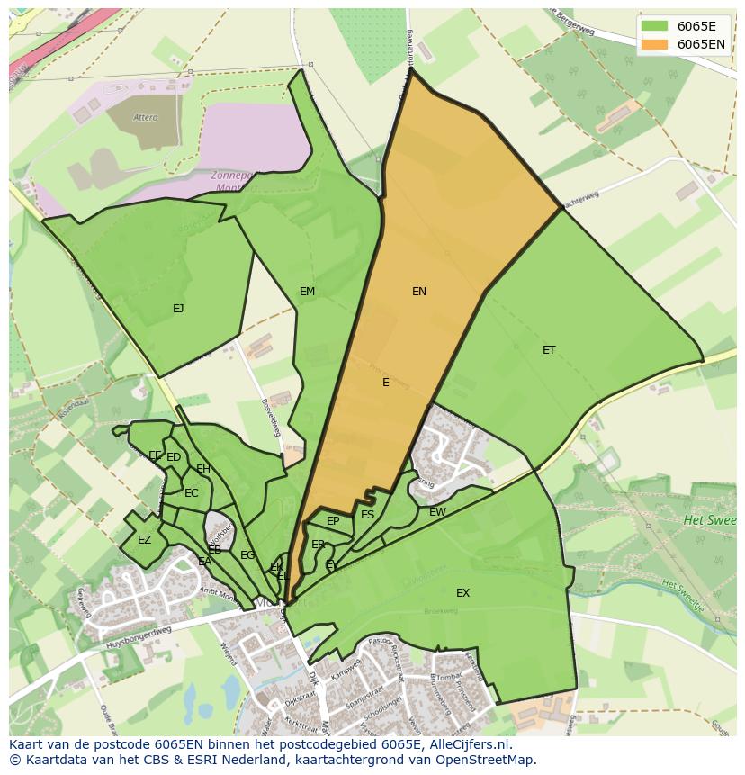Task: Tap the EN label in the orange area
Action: (x=419, y=292)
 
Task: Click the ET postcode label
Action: (x=549, y=350)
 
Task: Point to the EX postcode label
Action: (x=462, y=593)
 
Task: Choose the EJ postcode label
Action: (x=178, y=309)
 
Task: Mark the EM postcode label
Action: (x=308, y=292)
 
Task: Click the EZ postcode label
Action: (x=144, y=540)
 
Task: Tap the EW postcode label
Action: (x=437, y=512)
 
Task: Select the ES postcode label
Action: (x=367, y=515)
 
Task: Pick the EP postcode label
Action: (x=333, y=521)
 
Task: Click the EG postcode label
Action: (x=247, y=555)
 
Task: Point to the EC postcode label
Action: (x=191, y=493)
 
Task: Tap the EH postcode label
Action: (x=203, y=469)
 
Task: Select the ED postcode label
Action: (x=174, y=457)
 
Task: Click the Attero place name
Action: (x=145, y=118)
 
